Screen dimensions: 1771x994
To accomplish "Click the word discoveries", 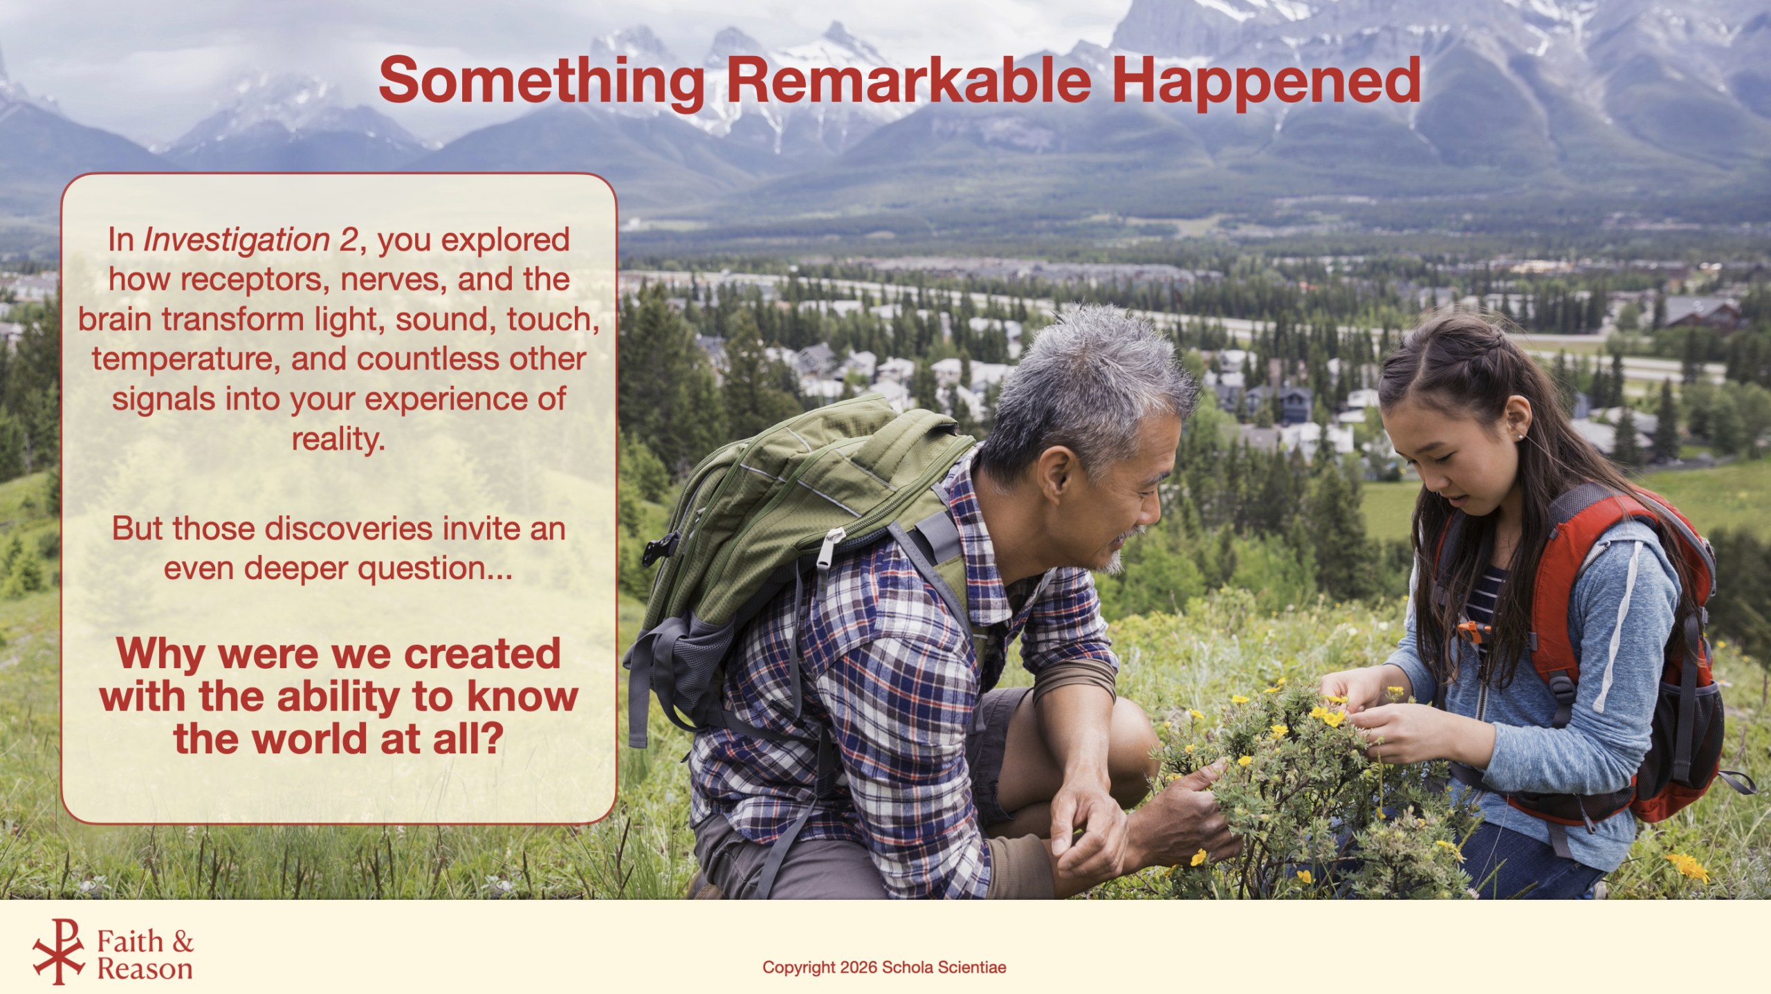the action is coord(350,528).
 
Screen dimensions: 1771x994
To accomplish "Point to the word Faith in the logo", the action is coord(130,941).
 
